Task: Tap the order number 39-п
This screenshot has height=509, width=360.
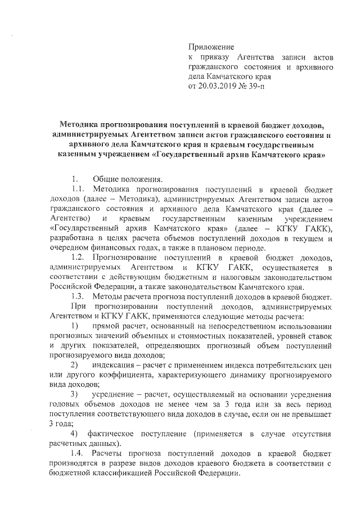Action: pyautogui.click(x=261, y=87)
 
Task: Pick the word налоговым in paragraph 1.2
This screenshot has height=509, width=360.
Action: pyautogui.click(x=235, y=277)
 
